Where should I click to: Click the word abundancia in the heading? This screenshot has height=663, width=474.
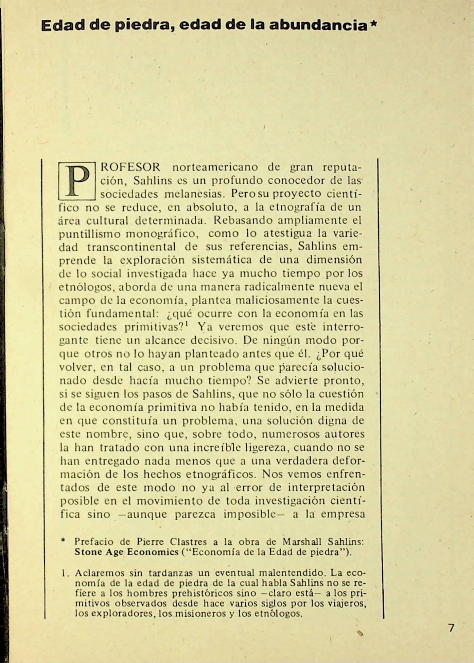coord(318,25)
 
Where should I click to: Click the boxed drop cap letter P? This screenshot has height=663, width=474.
coord(77,181)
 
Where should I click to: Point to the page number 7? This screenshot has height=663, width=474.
coord(451,628)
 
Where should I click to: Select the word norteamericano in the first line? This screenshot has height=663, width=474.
coord(215,167)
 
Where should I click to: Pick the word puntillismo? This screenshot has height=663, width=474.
coord(90,234)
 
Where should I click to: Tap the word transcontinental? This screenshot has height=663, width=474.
coord(131,247)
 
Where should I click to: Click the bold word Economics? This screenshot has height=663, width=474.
coord(153,552)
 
